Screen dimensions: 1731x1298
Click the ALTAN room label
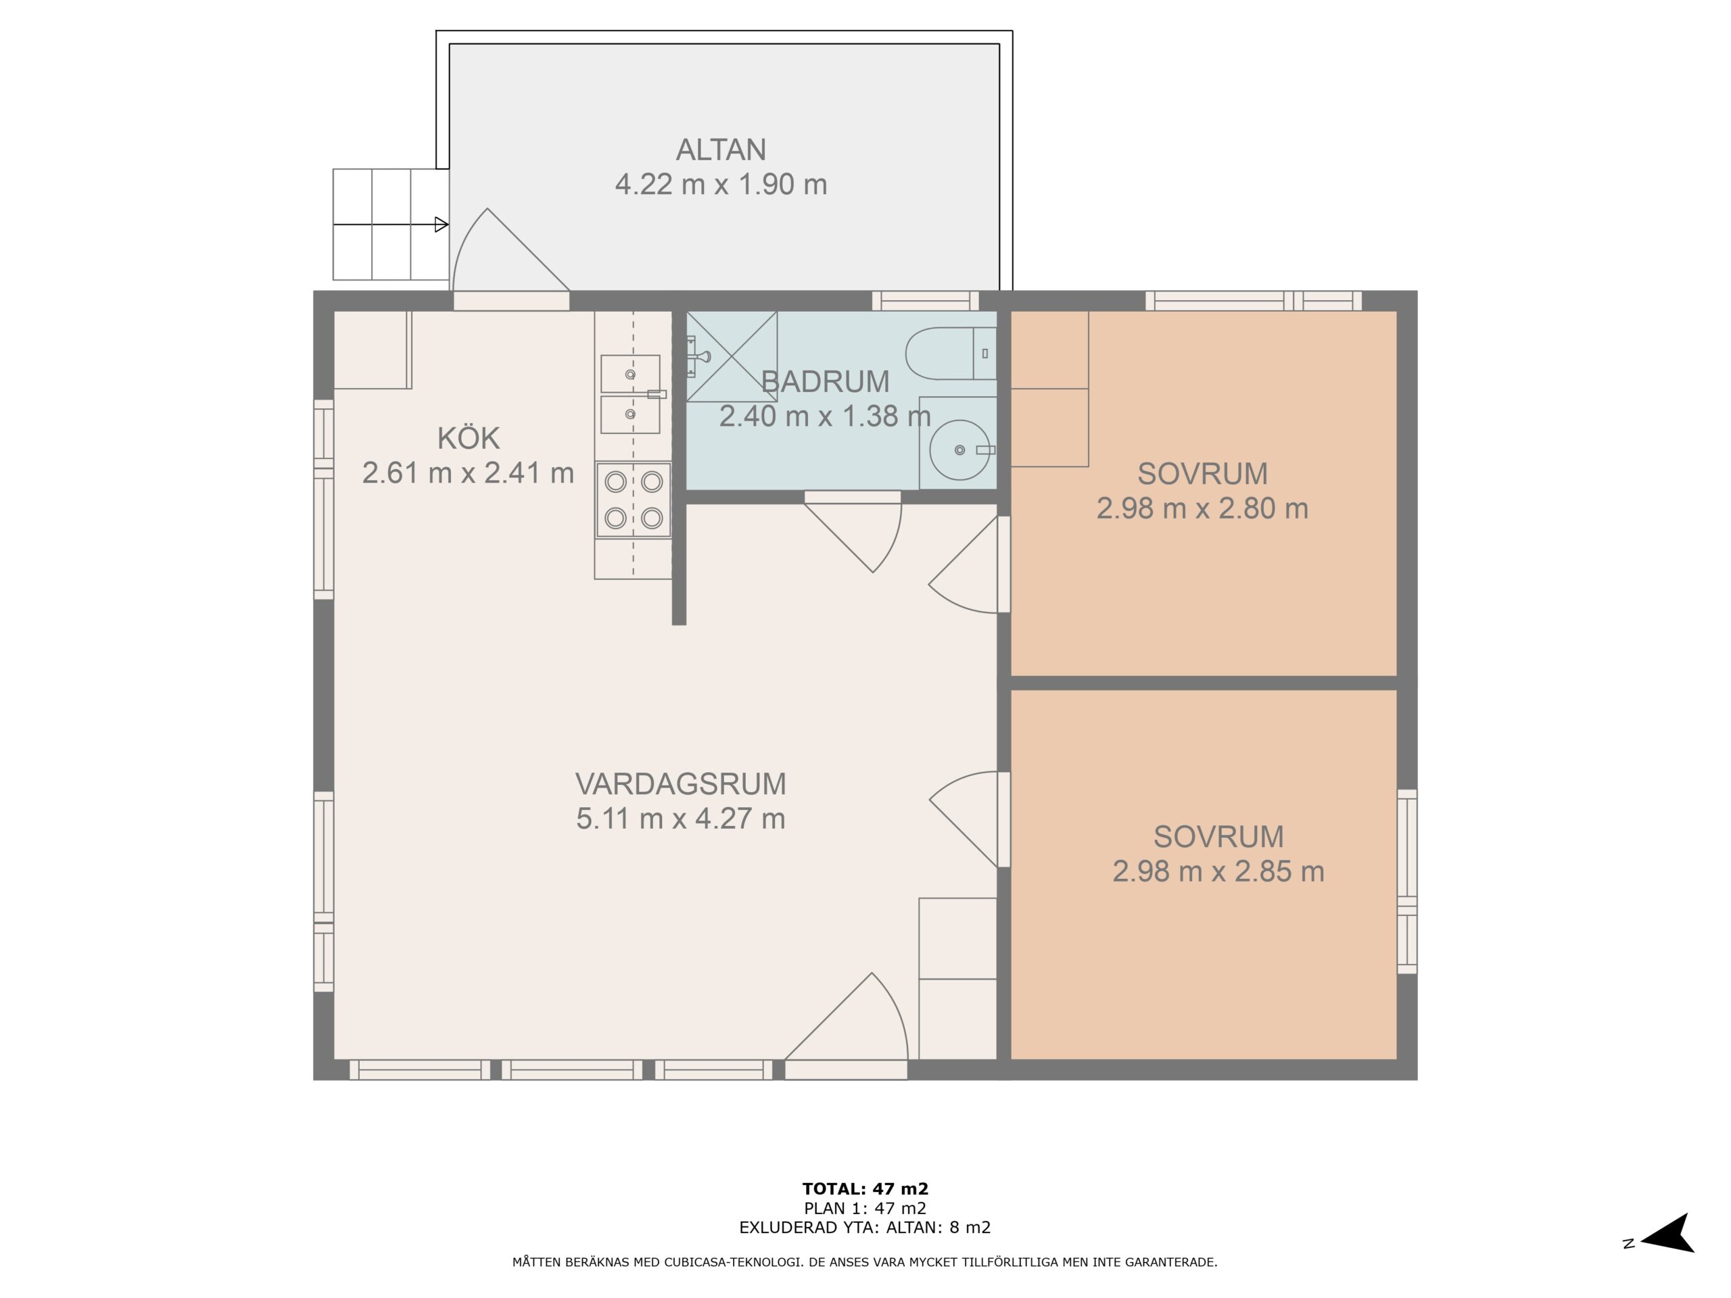[721, 149]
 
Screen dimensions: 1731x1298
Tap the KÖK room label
[468, 438]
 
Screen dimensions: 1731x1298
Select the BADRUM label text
[825, 382]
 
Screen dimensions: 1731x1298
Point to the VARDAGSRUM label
[680, 784]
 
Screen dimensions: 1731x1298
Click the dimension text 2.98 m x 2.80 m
[1202, 508]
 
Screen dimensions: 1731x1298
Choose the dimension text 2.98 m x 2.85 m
[1218, 871]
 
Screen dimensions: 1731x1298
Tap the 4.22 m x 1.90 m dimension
[721, 185]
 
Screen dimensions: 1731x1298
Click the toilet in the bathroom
[951, 354]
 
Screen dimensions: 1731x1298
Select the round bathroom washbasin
[959, 450]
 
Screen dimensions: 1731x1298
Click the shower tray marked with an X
[732, 357]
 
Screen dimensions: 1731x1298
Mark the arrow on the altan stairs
[391, 225]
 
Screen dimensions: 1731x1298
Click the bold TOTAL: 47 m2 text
[865, 1190]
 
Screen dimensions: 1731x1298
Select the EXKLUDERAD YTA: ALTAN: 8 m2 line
[865, 1228]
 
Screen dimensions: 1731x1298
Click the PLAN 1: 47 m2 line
[865, 1209]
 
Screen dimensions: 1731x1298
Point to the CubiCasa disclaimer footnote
[865, 1262]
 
